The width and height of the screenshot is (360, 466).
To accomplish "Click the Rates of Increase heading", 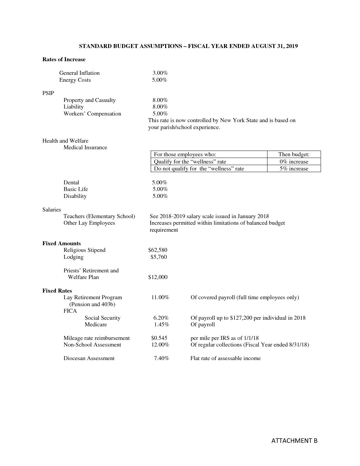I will point(64,60).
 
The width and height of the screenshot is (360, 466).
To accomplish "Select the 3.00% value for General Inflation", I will point(160,73).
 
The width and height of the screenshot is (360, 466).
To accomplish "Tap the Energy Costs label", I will point(75,80).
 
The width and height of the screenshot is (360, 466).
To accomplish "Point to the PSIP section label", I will point(48,93).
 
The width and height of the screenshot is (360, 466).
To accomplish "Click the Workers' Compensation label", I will point(92,114).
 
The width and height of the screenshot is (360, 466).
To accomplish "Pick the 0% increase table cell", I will point(294,162).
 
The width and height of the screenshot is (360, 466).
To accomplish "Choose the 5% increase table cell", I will point(294,169).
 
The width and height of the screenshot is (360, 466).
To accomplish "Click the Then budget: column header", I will point(294,155).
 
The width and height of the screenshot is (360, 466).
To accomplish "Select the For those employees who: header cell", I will point(185,155).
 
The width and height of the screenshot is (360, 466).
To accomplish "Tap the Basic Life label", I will point(76,189).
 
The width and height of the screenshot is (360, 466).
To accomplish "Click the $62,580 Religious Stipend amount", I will point(158,250).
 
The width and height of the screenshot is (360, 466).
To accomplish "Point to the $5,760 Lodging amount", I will point(159,257).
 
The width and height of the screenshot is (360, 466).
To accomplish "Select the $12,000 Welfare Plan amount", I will point(158,277).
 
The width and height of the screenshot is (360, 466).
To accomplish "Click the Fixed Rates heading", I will point(57,291).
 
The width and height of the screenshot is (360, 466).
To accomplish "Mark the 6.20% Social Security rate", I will point(161,318).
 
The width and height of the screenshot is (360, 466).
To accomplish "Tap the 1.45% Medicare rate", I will point(162,325).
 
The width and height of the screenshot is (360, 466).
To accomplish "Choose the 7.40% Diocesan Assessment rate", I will point(161,358).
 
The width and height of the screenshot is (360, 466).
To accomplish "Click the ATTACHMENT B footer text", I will point(294,441).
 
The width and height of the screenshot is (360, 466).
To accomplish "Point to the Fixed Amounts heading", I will point(62,244).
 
